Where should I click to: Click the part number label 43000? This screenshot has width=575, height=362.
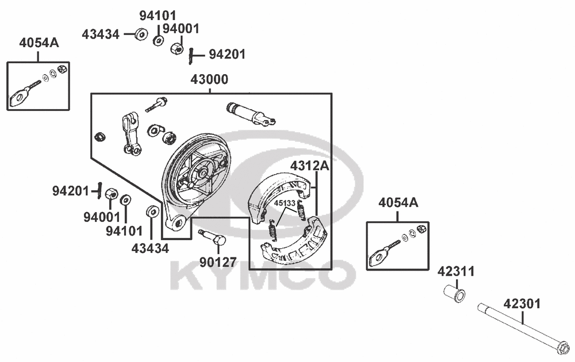coord(209,79)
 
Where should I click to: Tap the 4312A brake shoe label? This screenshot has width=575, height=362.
coord(309,166)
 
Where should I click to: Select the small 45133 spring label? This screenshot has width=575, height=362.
coord(285,203)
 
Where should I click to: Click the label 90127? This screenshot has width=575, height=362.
coord(218,263)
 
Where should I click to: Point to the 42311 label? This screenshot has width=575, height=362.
coord(456,271)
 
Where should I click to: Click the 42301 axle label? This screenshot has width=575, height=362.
coord(522,304)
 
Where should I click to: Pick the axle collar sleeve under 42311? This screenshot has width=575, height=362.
coord(455,293)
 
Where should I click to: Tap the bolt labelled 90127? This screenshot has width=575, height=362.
coord(213,238)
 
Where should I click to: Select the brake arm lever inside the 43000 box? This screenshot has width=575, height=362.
coord(131,134)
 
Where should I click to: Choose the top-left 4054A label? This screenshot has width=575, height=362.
coord(39,43)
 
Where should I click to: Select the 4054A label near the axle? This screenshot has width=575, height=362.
coord(398,203)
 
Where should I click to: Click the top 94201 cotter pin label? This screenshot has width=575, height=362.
coord(227,54)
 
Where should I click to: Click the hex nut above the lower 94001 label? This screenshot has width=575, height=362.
coord(111,195)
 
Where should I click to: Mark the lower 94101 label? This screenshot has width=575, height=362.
coord(124,231)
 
